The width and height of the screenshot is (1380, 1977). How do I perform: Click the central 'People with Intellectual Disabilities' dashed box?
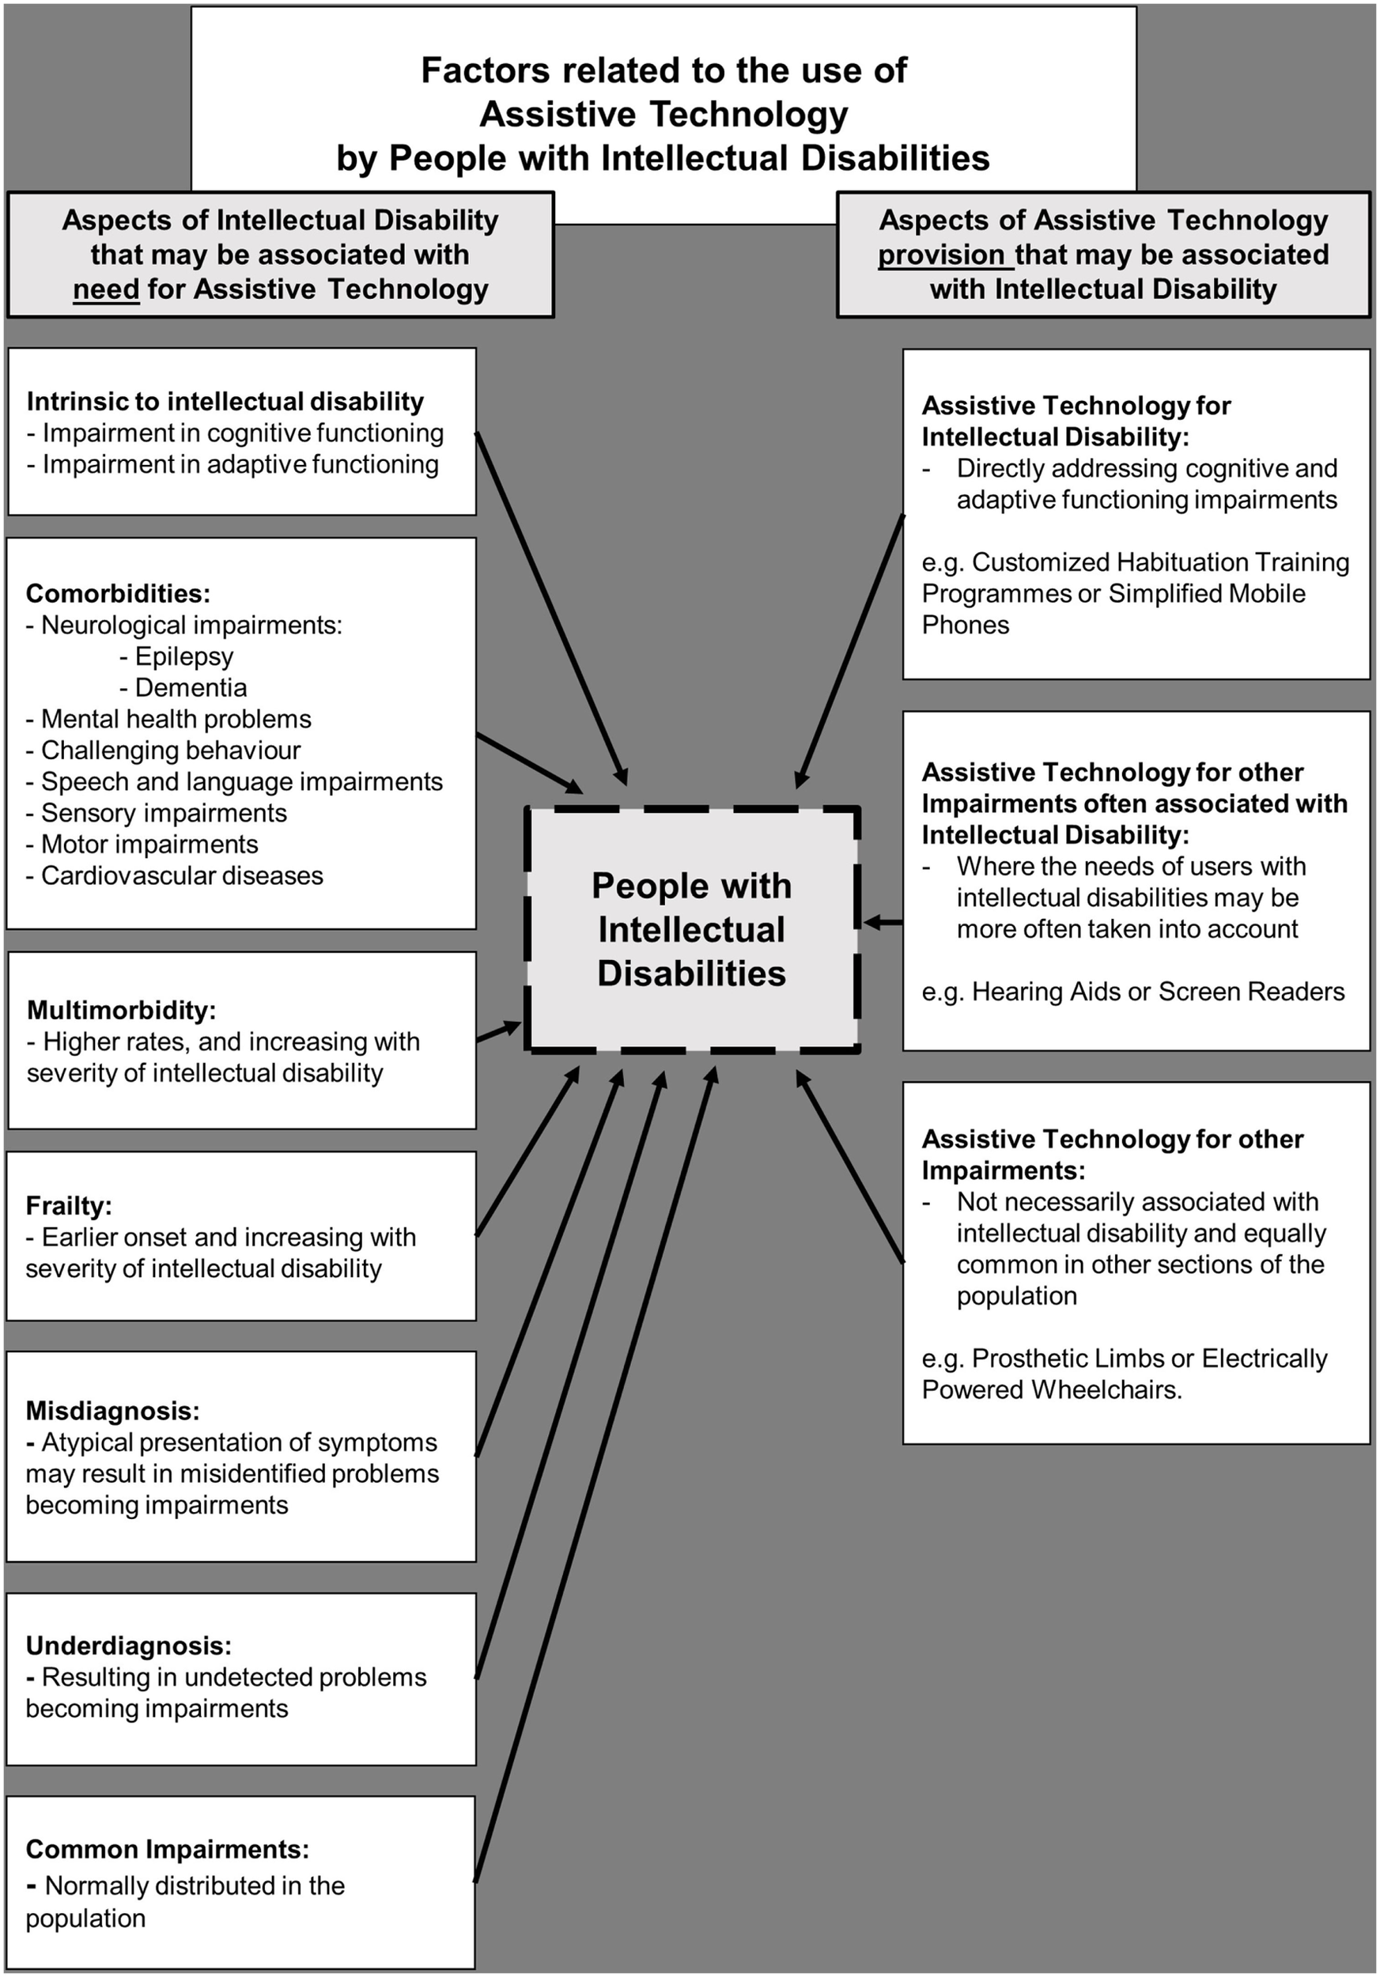(692, 929)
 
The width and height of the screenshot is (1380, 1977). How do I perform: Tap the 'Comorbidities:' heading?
(118, 593)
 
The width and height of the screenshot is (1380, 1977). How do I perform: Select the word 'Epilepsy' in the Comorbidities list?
(184, 656)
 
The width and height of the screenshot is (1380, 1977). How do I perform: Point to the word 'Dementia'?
(191, 687)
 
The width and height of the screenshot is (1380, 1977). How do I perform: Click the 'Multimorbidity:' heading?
(121, 1009)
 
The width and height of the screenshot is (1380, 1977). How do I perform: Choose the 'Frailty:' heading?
(69, 1205)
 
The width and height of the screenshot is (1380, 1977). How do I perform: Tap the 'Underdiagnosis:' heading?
(129, 1646)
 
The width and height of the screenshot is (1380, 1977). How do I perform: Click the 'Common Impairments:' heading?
(167, 1849)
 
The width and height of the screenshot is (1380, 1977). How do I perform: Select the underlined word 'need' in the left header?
(106, 289)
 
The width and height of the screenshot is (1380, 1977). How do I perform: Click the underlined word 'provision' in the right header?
(943, 255)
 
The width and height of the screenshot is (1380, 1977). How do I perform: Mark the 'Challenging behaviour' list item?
(171, 750)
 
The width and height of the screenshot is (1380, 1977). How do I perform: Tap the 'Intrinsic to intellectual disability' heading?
(225, 401)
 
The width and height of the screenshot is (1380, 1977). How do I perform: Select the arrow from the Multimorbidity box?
(498, 1030)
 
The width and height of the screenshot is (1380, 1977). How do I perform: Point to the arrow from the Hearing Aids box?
(883, 922)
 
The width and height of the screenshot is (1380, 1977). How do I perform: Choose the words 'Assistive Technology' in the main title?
(664, 114)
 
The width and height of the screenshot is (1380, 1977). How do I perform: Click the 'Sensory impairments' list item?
(164, 813)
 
